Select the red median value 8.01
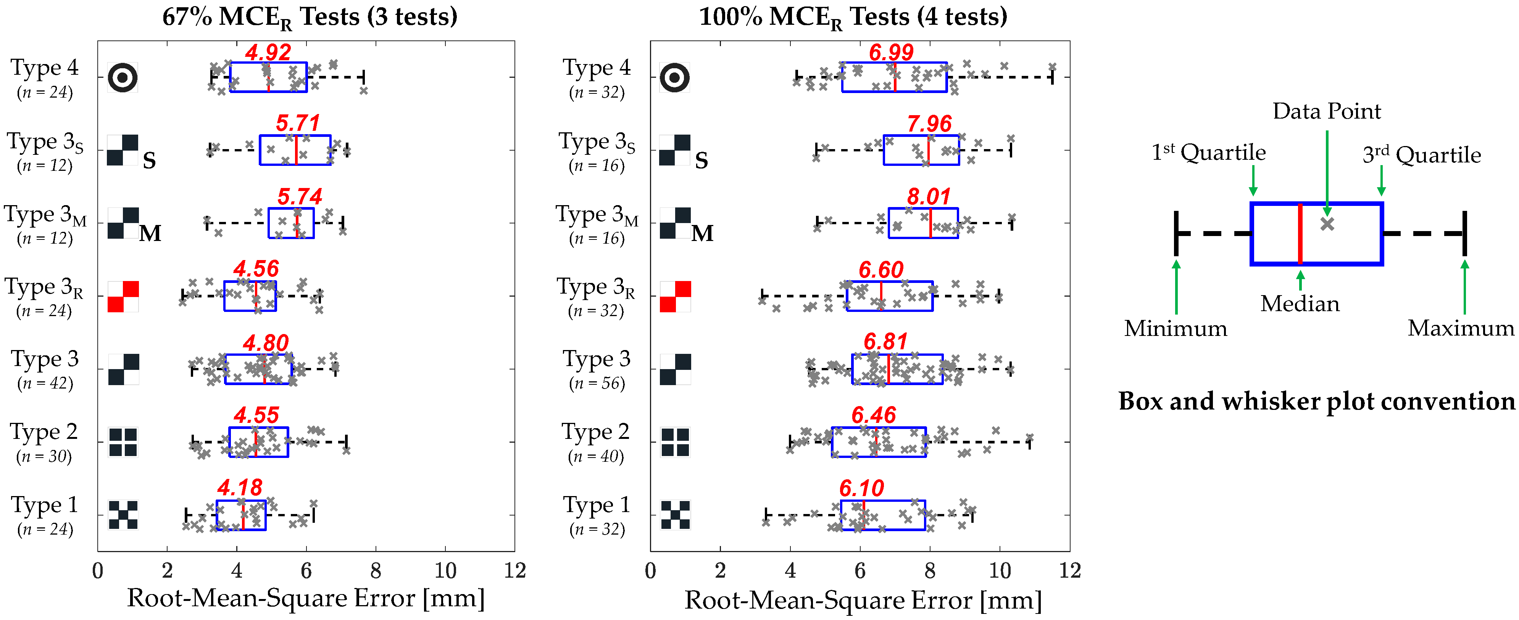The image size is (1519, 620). coord(929,196)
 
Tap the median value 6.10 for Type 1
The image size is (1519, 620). coord(861,488)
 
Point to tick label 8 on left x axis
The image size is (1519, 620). coord(376,570)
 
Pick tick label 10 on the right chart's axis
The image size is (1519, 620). coord(1000,570)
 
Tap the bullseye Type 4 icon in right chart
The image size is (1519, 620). coord(675,77)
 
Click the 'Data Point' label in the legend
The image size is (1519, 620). coord(1326,111)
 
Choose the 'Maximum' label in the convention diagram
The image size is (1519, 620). coord(1461,328)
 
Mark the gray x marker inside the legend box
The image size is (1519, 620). coord(1327,224)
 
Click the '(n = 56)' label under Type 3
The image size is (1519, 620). coord(596,383)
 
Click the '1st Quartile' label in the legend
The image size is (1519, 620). coord(1208,152)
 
